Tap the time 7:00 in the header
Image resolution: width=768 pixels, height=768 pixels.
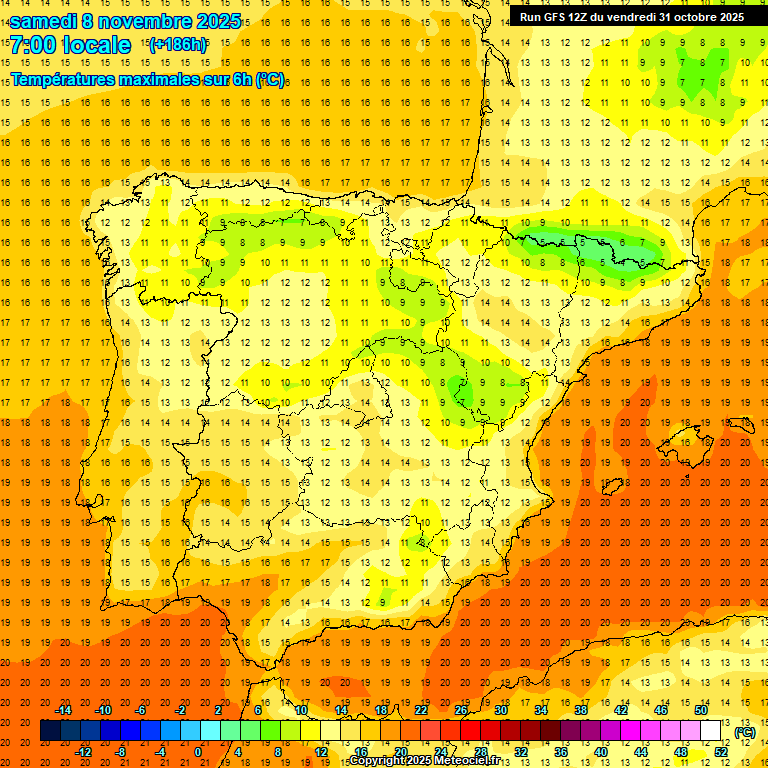pos(33,45)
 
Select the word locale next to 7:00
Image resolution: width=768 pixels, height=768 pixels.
pos(97,45)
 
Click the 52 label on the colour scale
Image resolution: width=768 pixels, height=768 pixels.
pos(721,752)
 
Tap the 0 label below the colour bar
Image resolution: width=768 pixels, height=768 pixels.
pos(198,752)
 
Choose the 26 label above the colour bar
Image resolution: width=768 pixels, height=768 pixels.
pos(461,710)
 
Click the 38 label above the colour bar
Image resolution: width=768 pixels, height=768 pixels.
pos(581,710)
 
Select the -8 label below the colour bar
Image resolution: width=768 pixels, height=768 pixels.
pos(120,752)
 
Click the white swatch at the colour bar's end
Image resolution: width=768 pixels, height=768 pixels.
pos(711,731)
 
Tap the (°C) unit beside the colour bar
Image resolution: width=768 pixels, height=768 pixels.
pos(744,732)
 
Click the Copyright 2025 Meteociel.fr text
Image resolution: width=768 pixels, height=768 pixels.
pos(423,761)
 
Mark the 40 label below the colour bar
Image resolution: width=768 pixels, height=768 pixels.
pos(601,752)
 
